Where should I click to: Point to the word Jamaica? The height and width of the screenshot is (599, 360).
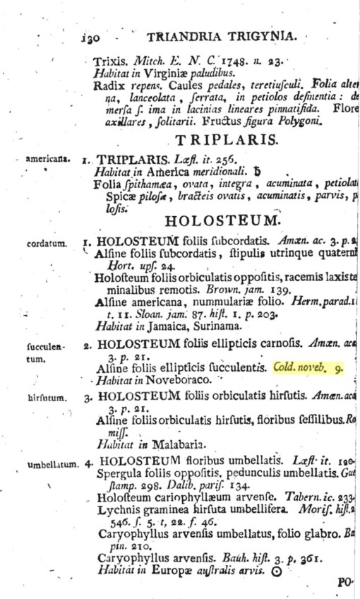(x=172, y=326)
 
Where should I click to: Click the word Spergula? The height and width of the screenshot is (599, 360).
(x=121, y=475)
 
